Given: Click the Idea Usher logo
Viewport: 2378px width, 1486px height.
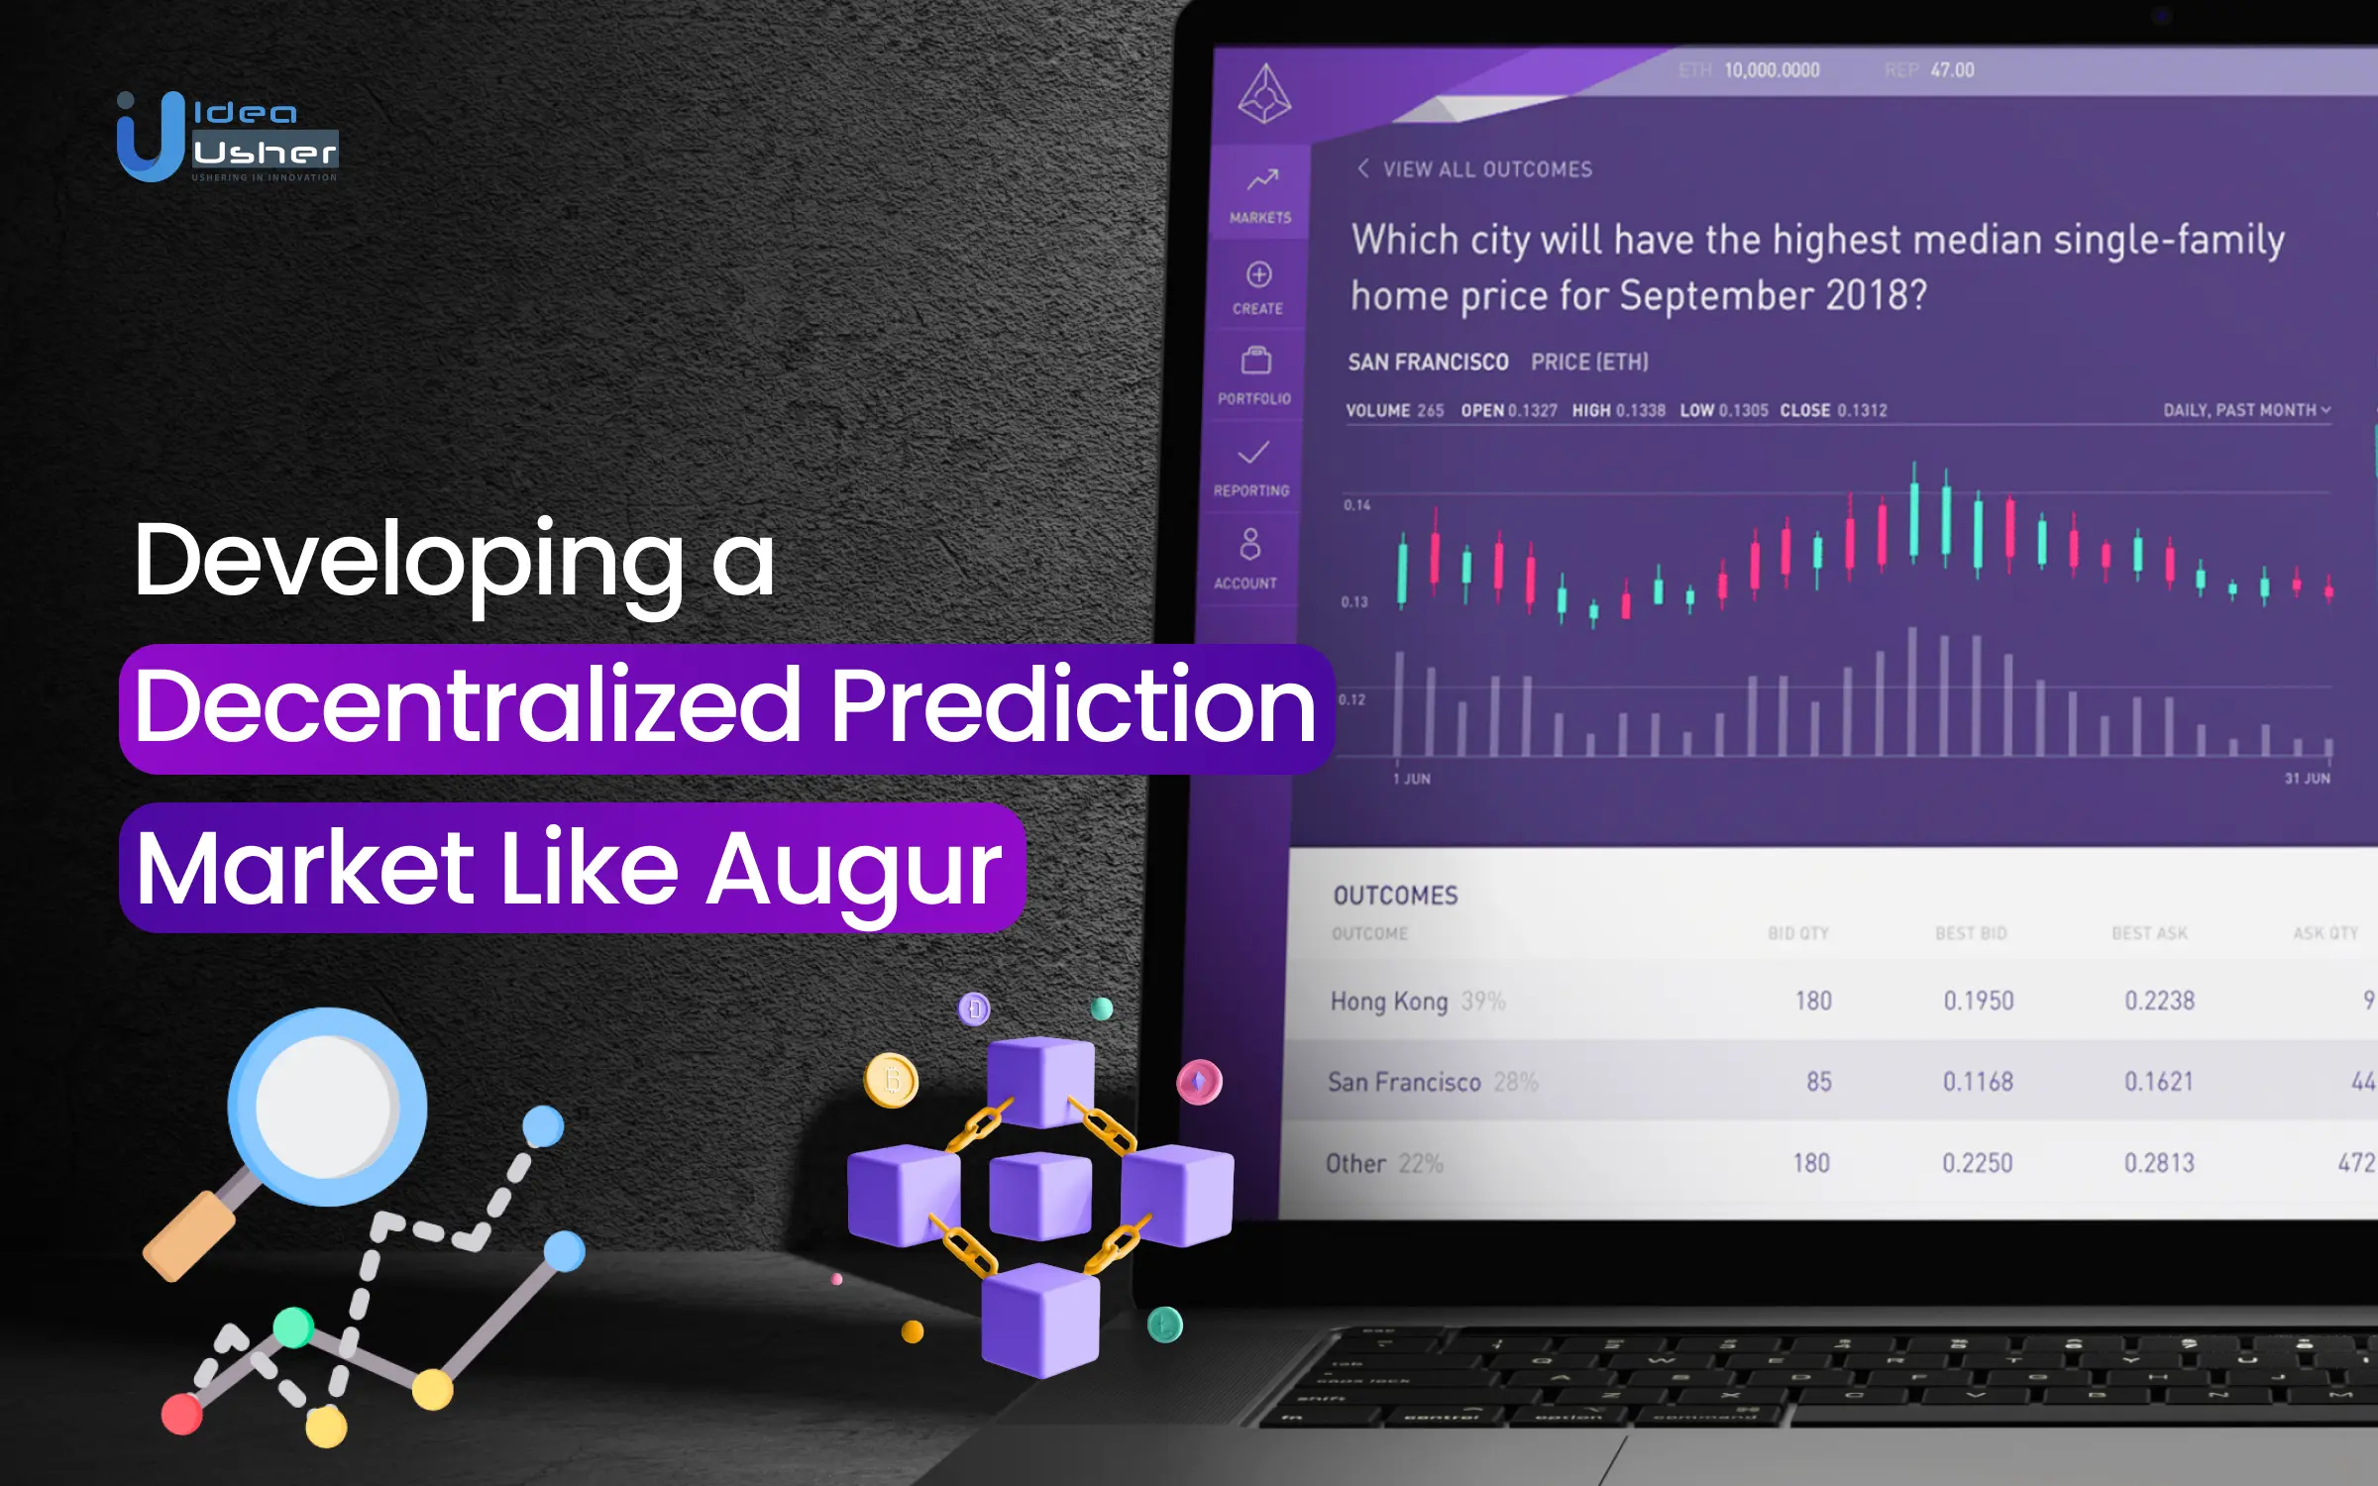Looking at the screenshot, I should tap(227, 137).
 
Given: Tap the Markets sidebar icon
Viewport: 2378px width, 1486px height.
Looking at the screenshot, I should tap(1260, 194).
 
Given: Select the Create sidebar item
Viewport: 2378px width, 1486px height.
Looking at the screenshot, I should tap(1258, 287).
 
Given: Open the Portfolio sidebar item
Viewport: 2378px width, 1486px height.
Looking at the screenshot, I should tap(1255, 374).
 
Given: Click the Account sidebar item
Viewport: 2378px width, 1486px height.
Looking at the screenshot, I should tap(1248, 558).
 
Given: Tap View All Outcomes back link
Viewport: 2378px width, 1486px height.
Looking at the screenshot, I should tap(1475, 169).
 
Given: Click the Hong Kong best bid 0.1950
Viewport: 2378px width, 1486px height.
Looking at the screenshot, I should tap(1978, 1001).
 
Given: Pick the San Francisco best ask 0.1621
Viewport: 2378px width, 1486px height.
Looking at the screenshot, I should tap(2158, 1081).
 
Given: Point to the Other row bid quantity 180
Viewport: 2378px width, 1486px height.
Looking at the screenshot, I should tap(1810, 1163).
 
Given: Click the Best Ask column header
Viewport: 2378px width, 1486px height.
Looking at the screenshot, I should tap(2149, 933).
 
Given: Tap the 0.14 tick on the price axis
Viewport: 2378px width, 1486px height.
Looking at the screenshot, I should tap(1357, 505).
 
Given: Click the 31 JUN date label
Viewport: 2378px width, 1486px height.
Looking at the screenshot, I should tap(2307, 779).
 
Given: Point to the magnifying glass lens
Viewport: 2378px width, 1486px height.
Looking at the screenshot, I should tap(326, 1106).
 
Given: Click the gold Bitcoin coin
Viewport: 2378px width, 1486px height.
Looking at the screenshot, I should tap(891, 1080).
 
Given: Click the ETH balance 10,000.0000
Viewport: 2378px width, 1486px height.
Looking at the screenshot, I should tap(1772, 70).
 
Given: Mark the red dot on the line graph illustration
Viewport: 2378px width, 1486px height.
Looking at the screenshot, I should tap(182, 1414).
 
